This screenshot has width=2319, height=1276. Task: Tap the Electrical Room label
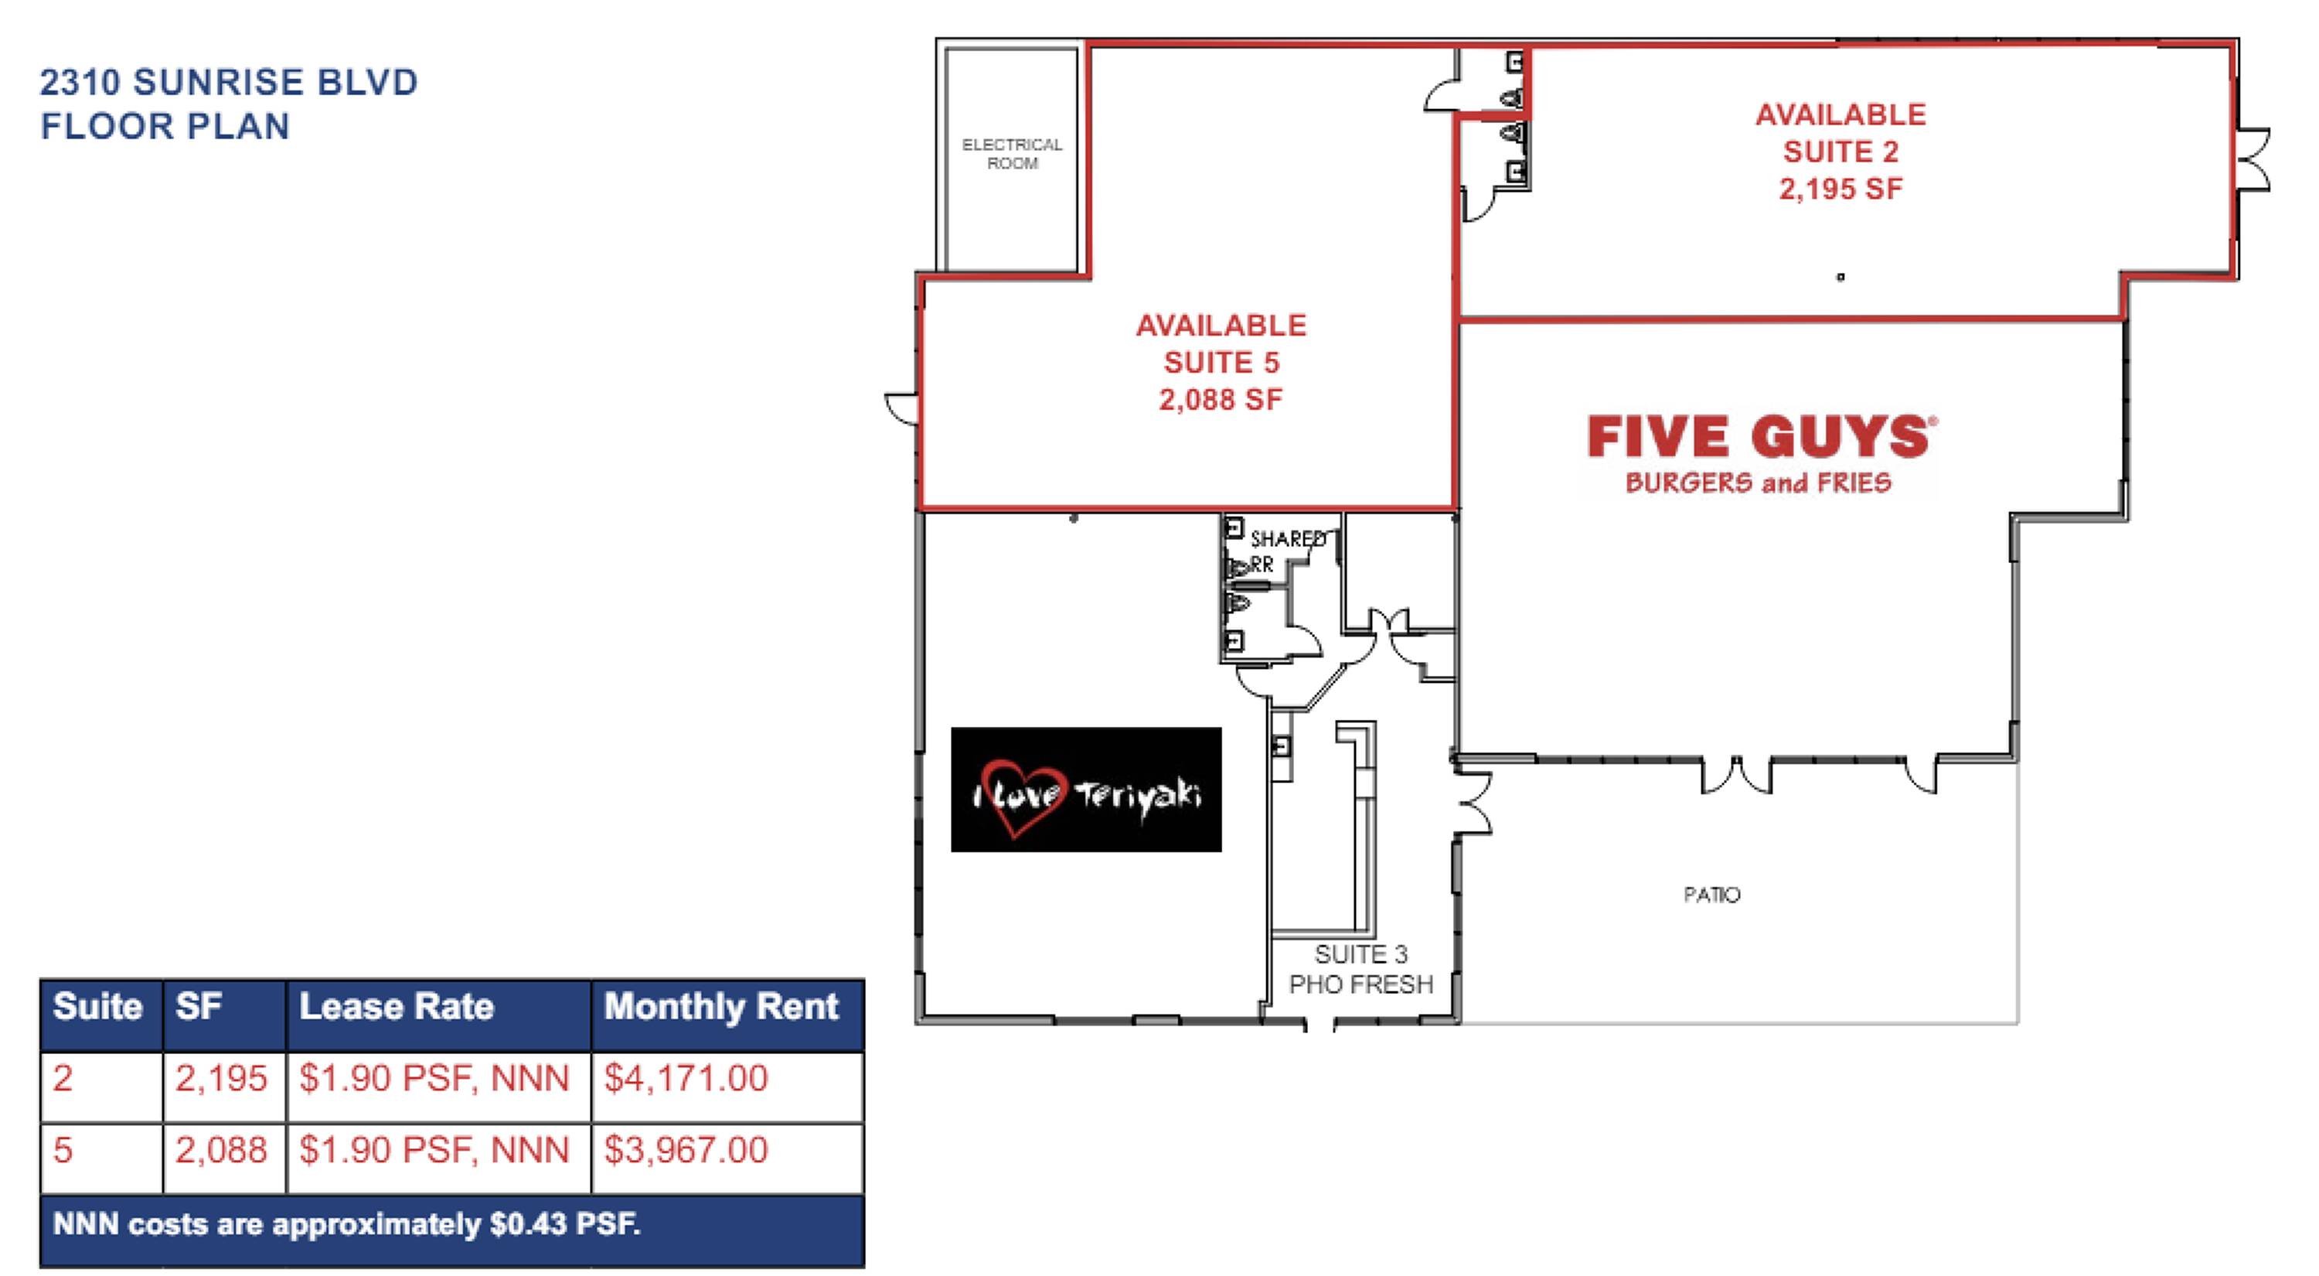[1012, 154]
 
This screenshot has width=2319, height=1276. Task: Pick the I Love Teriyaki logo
[1087, 790]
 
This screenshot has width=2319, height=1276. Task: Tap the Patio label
[1711, 895]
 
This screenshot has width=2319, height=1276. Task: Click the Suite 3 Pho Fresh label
[1360, 969]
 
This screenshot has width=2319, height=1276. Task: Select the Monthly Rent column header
[721, 1007]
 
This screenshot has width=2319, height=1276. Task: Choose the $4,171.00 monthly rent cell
[686, 1078]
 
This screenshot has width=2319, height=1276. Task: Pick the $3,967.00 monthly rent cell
[686, 1150]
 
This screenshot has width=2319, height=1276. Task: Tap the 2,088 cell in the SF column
[221, 1150]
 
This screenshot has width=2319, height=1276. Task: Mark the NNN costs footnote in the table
[346, 1225]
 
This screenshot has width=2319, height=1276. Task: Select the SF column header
[198, 1007]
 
